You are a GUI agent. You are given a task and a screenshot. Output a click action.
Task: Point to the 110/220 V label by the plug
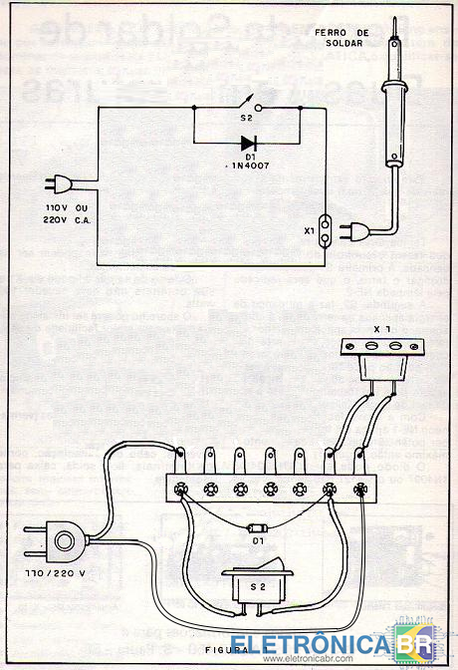55,573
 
